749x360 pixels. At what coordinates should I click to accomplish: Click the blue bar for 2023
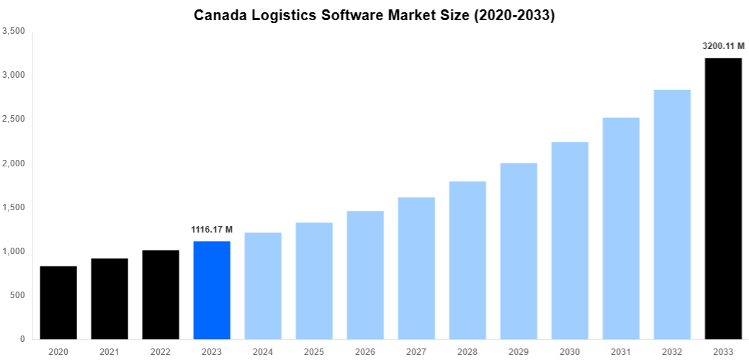[x=212, y=290]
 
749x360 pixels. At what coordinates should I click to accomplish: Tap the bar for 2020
[x=58, y=302]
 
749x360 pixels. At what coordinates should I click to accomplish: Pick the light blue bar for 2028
[x=467, y=260]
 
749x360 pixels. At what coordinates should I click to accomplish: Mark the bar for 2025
[x=314, y=281]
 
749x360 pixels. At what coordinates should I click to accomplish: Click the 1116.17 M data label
[x=212, y=230]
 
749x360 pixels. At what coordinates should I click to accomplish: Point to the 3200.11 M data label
[x=723, y=46]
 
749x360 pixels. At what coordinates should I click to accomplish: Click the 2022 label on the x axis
[x=161, y=351]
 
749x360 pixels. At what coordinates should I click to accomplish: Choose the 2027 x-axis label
[x=416, y=351]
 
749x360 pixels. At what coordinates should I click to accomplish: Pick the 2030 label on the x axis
[x=570, y=351]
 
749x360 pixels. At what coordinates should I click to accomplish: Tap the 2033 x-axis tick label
[x=723, y=351]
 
